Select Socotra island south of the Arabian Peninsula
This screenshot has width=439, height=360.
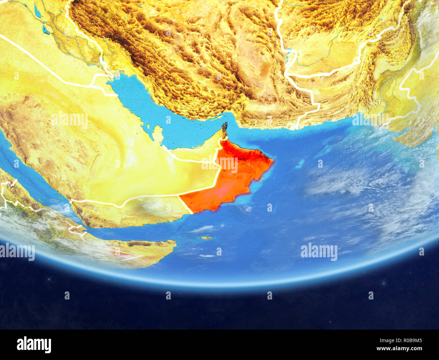pos(207,238)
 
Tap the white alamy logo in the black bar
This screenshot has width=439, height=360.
pos(34,344)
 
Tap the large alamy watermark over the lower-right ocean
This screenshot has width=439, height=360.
pos(319,251)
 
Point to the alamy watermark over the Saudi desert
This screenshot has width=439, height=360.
pos(70,120)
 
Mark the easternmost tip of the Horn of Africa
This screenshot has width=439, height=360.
pos(175,242)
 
